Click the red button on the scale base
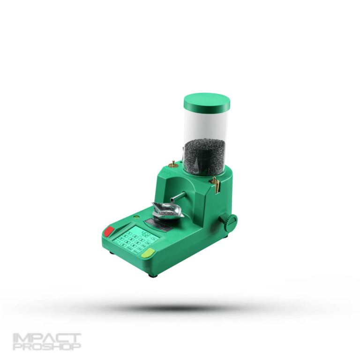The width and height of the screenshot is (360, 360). [x=109, y=231]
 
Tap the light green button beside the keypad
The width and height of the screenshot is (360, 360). [x=148, y=254]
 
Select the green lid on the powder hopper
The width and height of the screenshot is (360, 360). [x=207, y=101]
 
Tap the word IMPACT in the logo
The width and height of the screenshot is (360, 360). [x=46, y=338]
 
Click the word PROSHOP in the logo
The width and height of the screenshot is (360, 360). [x=46, y=347]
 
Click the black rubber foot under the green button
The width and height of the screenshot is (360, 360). [x=152, y=276]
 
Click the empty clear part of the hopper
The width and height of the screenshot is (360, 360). [x=207, y=124]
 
